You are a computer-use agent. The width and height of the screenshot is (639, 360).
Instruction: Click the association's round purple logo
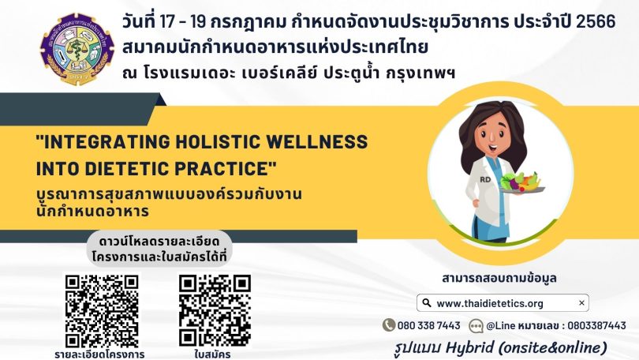(x=77, y=49)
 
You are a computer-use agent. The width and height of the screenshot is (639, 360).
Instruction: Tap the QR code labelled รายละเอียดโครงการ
(x=102, y=312)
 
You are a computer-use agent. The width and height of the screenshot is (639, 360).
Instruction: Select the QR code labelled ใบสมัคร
(x=215, y=312)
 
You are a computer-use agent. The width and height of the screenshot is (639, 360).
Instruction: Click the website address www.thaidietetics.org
(x=490, y=303)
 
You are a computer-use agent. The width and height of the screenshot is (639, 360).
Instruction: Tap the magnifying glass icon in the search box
(x=426, y=302)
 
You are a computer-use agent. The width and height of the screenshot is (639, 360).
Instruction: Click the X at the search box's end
(x=581, y=302)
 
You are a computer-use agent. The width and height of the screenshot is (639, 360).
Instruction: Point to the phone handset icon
(x=389, y=325)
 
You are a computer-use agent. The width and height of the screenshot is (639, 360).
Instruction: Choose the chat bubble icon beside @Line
(x=476, y=326)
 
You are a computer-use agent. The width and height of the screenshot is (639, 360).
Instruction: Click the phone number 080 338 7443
(x=428, y=325)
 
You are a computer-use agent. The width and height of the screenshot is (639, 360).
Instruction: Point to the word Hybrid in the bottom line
(x=469, y=348)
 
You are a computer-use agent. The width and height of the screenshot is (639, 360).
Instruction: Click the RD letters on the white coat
(x=485, y=179)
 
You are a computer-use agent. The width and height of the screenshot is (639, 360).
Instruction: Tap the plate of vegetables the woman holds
(x=521, y=183)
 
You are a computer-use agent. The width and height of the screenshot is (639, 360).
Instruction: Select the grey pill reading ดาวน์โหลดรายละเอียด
(x=159, y=249)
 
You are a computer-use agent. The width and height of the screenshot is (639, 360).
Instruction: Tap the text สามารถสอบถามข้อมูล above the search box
(x=499, y=279)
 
